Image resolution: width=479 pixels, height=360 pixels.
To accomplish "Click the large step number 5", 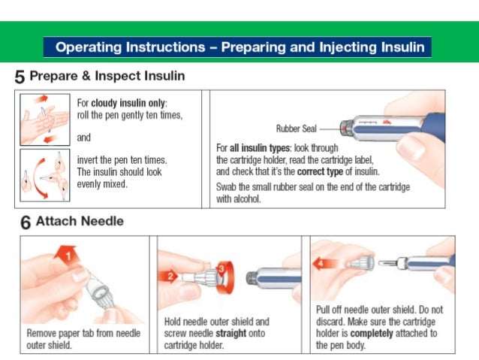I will click(x=20, y=77).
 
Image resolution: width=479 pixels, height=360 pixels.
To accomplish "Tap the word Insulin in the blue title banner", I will click(x=399, y=47).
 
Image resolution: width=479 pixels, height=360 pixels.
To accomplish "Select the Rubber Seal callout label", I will click(x=297, y=129).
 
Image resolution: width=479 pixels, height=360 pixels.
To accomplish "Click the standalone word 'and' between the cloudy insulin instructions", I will click(x=84, y=138).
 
